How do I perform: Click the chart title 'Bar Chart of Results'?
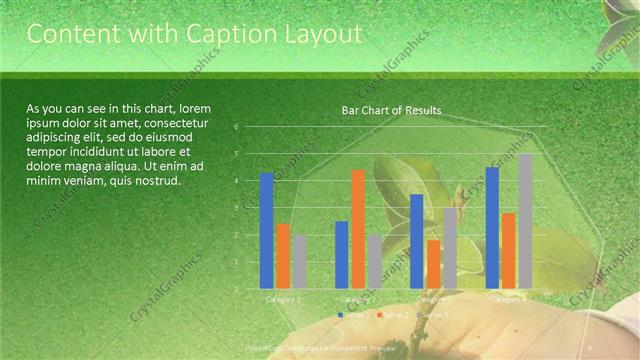(391, 110)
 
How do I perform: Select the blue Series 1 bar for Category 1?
(267, 231)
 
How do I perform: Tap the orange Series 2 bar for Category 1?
(283, 256)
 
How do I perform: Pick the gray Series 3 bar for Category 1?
(299, 262)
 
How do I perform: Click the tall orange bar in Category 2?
(358, 229)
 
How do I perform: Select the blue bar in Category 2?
(342, 255)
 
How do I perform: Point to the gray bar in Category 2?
(374, 262)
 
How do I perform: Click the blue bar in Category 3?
(417, 241)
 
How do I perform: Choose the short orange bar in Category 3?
(433, 264)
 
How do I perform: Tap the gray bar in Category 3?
(449, 248)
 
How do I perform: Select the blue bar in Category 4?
(492, 228)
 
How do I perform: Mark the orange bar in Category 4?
(508, 251)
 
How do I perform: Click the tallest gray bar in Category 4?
(525, 221)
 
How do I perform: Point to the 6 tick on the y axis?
(236, 127)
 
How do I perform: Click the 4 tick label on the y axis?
(236, 181)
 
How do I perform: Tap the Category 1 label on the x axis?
(283, 298)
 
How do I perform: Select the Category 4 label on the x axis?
(508, 298)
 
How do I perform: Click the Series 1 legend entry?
(351, 314)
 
